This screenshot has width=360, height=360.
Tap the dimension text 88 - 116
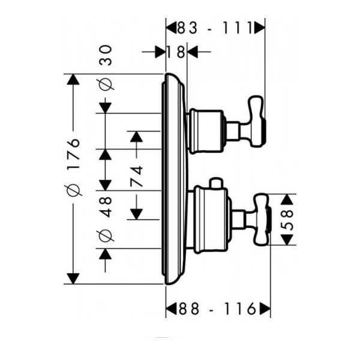click(x=215, y=309)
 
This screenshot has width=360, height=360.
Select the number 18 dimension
click(x=176, y=52)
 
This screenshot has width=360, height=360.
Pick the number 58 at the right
click(x=289, y=220)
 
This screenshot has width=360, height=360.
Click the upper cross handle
click(x=253, y=127)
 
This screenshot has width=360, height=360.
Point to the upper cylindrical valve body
click(x=206, y=129)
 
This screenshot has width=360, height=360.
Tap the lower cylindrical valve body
click(x=210, y=219)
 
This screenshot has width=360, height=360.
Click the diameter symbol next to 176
click(x=73, y=190)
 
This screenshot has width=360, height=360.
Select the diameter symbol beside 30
click(x=106, y=83)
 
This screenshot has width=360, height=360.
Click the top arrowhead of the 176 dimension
click(x=73, y=80)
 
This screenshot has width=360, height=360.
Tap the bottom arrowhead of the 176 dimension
click(x=73, y=278)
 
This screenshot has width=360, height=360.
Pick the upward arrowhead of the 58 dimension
click(x=289, y=200)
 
